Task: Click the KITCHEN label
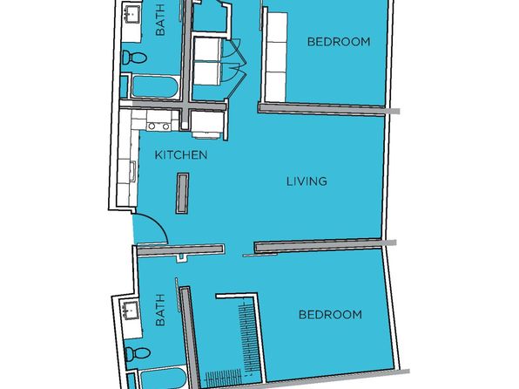(181, 155)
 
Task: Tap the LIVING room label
(307, 181)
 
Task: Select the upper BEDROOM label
(339, 42)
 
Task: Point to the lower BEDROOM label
(330, 314)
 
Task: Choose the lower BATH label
(160, 311)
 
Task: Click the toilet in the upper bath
(134, 58)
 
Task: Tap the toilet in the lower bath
(138, 353)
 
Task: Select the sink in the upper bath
(132, 13)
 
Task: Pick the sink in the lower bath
(131, 311)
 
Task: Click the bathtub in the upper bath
(156, 87)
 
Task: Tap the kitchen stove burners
(158, 126)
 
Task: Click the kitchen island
(182, 194)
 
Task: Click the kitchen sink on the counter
(132, 171)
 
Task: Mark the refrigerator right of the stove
(207, 125)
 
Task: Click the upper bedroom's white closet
(277, 57)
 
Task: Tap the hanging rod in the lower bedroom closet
(246, 336)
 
